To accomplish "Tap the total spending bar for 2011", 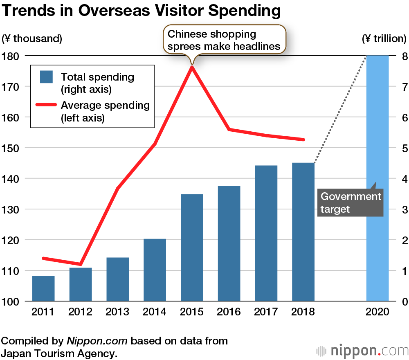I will tap(43, 288).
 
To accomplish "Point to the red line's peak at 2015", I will tap(191, 66).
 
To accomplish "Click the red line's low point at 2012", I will tap(81, 264).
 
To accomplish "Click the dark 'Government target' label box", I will tap(351, 202).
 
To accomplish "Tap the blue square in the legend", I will tap(47, 77).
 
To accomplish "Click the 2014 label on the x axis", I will tap(155, 312).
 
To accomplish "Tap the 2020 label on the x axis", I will tap(377, 312).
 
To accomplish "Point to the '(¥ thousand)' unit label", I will tap(32, 39).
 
